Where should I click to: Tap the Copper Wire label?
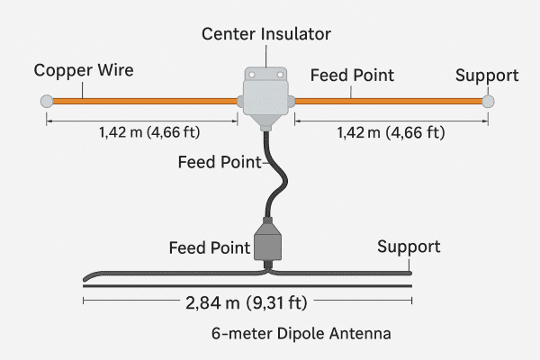(x=76, y=70)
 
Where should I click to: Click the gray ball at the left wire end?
(x=46, y=101)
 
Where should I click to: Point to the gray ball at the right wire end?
(x=488, y=101)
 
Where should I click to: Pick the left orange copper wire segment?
(x=144, y=101)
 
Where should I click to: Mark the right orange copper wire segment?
(x=387, y=101)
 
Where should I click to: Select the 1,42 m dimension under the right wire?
(x=390, y=134)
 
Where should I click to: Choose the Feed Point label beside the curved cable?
(x=218, y=163)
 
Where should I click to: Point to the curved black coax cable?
(x=275, y=180)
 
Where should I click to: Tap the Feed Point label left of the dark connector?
(x=210, y=247)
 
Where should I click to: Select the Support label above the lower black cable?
(x=409, y=246)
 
